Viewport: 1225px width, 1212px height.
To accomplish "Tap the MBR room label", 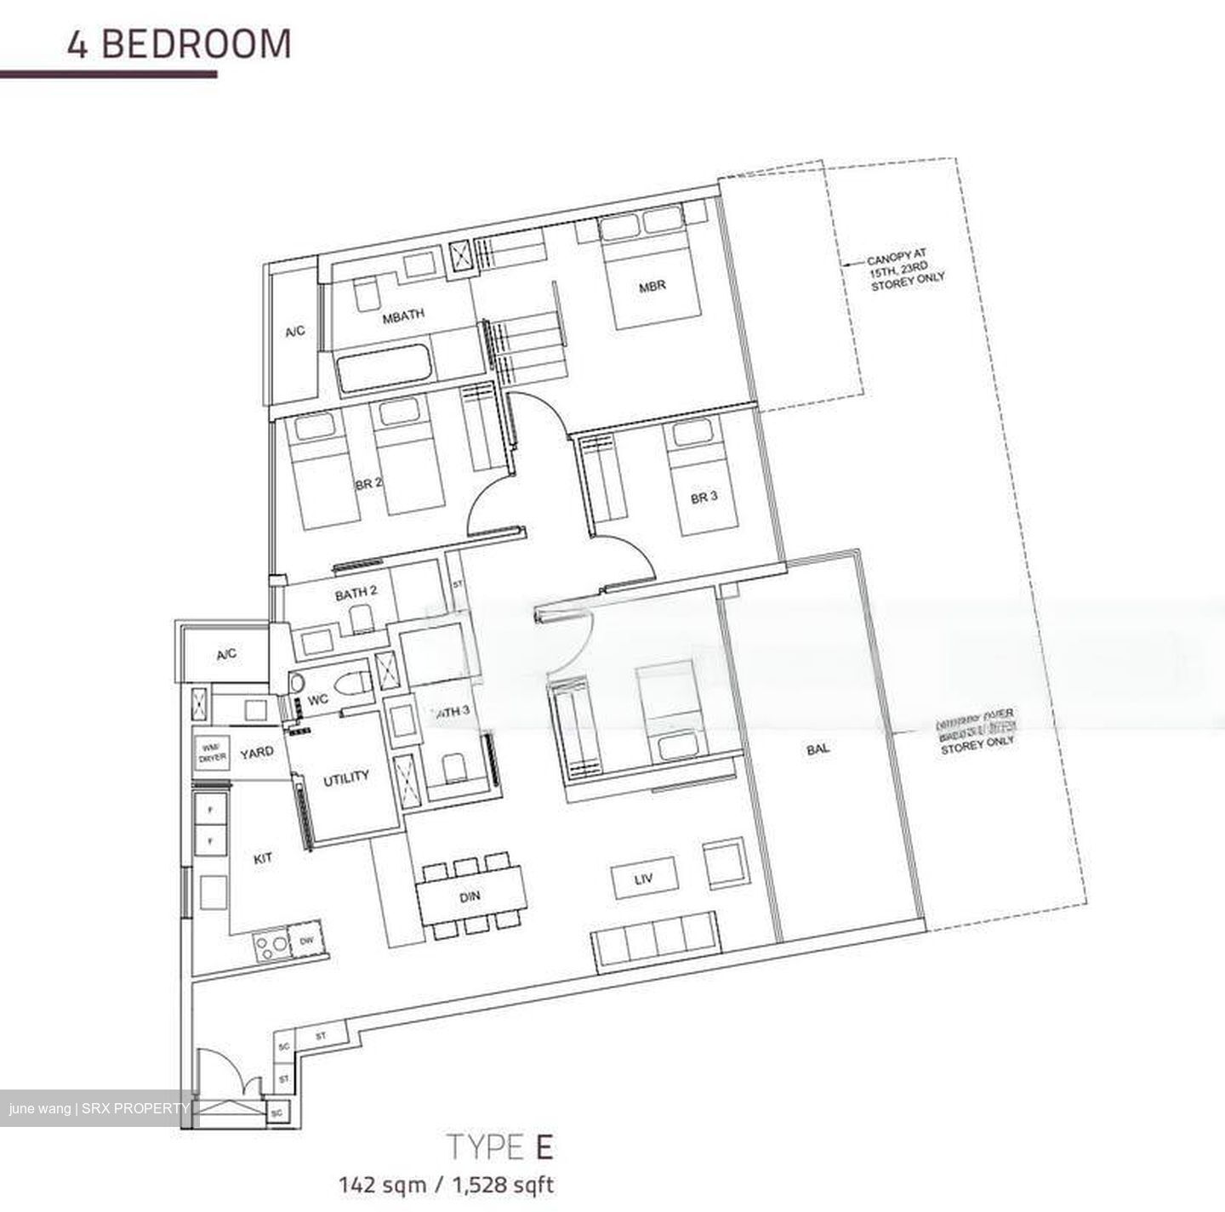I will click(x=652, y=287).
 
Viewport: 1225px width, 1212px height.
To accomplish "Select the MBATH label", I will click(x=403, y=316).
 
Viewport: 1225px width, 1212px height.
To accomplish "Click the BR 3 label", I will click(x=704, y=498).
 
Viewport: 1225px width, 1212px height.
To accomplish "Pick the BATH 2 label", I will click(x=356, y=594).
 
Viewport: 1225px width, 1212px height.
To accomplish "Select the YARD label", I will click(x=257, y=752).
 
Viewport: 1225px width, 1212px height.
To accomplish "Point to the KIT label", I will click(x=264, y=858).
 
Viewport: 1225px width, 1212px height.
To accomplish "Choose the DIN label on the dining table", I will click(x=470, y=896).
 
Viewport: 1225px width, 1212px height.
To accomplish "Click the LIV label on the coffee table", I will click(x=643, y=879).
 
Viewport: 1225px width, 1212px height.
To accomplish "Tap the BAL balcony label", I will click(x=818, y=749).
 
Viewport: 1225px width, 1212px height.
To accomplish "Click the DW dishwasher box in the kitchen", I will click(x=307, y=941).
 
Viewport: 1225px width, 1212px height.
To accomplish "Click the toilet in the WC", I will click(x=350, y=682).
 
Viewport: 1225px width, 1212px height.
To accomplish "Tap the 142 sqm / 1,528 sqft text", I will click(x=447, y=1184).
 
